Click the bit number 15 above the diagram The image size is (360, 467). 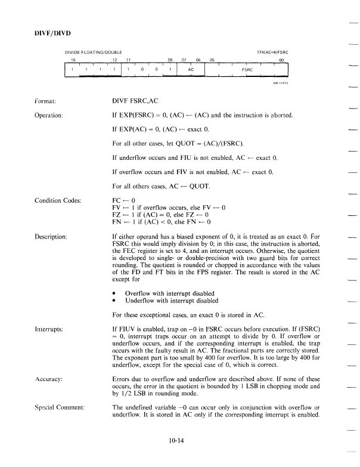pos(73,60)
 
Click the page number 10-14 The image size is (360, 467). pos(179,442)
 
